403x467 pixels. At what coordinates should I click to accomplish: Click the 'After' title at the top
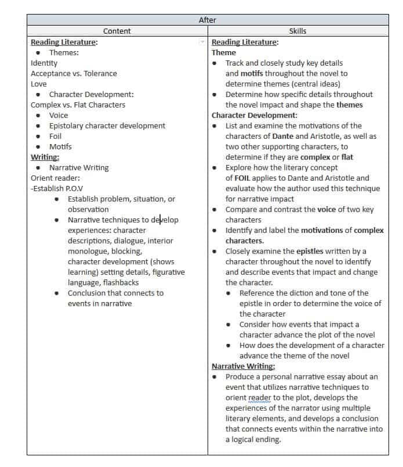pos(207,20)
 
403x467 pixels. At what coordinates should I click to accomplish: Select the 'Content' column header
pos(117,31)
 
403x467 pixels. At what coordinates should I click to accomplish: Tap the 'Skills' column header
pos(297,31)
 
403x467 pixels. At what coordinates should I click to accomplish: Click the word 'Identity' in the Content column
pos(44,63)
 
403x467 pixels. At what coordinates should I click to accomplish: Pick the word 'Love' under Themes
pos(39,84)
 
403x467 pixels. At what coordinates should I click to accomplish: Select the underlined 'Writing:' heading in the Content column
pos(45,157)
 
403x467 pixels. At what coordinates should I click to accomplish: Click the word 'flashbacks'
pos(121,282)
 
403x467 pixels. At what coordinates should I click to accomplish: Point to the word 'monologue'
pos(86,251)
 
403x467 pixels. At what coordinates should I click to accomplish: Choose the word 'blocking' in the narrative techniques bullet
pos(126,251)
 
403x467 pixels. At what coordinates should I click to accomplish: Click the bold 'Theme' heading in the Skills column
pos(224,52)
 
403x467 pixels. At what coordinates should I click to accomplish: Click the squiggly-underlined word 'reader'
pos(259,397)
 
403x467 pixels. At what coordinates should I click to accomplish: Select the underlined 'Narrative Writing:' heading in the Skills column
pos(243,366)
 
